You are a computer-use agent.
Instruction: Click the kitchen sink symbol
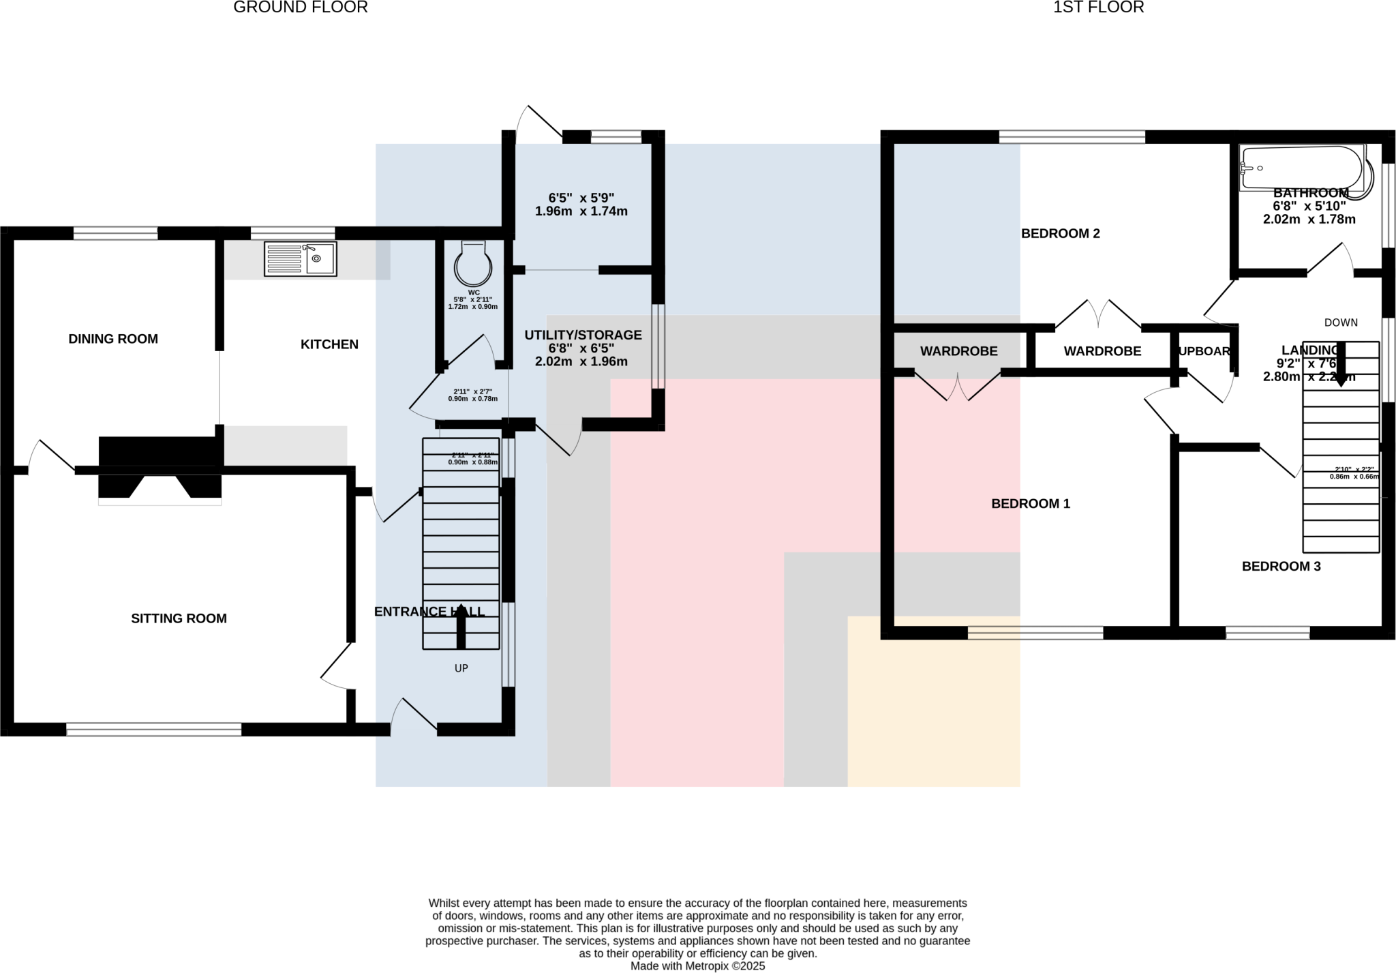click(301, 259)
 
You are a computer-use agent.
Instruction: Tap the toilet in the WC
click(472, 264)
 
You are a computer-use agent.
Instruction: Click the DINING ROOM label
click(113, 339)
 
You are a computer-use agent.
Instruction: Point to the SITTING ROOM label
click(179, 618)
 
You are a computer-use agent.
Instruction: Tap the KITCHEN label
click(329, 344)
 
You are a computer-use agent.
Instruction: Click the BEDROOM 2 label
click(1061, 233)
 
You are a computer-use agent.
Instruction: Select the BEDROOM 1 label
click(1031, 504)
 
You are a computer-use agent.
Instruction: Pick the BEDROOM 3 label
click(1281, 566)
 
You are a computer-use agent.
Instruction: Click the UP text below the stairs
click(461, 668)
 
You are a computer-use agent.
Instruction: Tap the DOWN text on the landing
click(1341, 323)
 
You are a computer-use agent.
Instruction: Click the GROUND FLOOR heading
click(301, 8)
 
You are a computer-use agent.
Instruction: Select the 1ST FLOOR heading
click(1099, 8)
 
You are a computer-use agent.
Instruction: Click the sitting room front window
click(154, 730)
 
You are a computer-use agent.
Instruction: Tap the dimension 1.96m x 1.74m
click(581, 211)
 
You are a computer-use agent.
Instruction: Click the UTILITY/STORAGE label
click(583, 335)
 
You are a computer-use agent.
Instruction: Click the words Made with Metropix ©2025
click(697, 966)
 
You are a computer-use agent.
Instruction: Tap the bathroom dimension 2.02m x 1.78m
click(1309, 220)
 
